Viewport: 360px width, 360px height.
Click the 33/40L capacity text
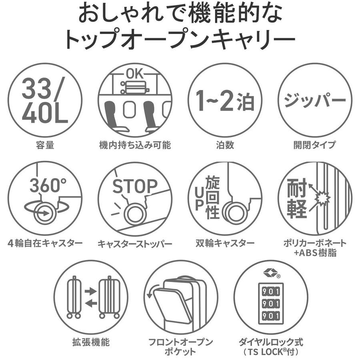(45, 100)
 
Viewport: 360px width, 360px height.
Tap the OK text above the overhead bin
(135, 74)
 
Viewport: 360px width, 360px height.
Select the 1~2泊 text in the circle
(225, 101)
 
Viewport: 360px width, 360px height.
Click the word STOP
(135, 186)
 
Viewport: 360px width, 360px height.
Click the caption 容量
(45, 145)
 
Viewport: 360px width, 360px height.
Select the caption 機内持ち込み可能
(135, 145)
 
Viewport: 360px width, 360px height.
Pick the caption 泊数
(225, 145)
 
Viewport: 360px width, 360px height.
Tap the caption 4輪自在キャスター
(45, 243)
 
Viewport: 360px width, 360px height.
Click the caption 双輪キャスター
(225, 243)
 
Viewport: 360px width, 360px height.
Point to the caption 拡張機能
(91, 342)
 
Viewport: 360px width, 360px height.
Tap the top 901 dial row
(271, 292)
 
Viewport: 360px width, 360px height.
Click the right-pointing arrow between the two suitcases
(91, 291)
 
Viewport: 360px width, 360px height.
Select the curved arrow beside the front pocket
(152, 291)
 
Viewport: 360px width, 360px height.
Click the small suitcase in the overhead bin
(135, 88)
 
